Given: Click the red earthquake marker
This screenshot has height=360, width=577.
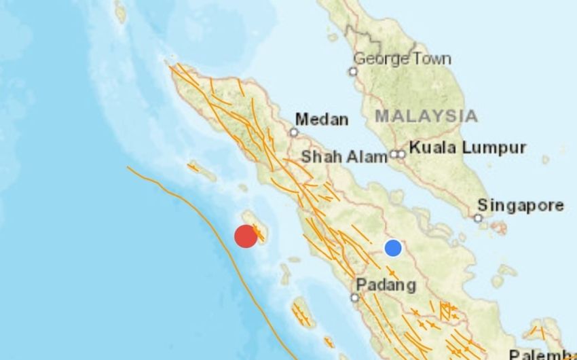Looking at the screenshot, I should click(x=246, y=236).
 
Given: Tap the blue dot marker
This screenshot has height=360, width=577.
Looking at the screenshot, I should click(x=393, y=248).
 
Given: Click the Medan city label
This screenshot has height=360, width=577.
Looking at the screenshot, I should click(x=322, y=120).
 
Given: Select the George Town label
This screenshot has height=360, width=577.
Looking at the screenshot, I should click(x=402, y=58).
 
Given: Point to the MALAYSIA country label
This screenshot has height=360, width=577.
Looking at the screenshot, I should click(x=426, y=115).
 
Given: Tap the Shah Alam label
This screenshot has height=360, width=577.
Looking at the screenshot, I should click(x=344, y=156).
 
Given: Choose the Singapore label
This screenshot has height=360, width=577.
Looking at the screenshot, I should click(x=520, y=205).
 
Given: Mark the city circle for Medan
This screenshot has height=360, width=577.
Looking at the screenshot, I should click(x=294, y=132).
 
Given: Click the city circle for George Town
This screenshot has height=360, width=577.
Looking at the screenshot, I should click(x=353, y=71).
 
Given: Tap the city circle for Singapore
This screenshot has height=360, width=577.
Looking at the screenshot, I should click(x=479, y=218).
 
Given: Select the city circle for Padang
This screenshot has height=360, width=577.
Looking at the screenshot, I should click(x=354, y=298).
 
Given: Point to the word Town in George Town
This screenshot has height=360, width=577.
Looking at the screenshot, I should click(x=429, y=58).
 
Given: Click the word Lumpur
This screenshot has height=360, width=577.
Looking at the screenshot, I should click(x=494, y=147).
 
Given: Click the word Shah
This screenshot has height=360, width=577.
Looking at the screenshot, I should click(x=321, y=156).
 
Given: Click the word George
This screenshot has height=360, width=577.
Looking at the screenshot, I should click(x=378, y=58).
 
